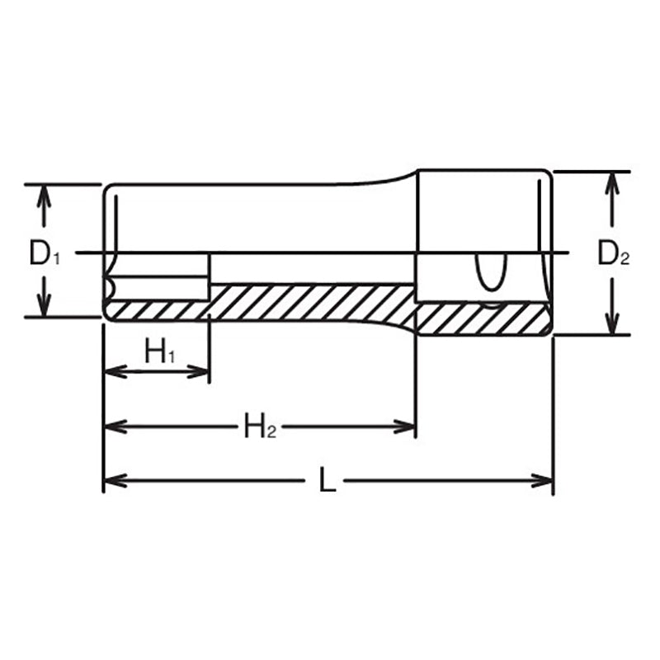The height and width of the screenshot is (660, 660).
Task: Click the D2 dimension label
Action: point(613,255)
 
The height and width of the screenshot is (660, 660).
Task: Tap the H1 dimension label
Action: point(160,352)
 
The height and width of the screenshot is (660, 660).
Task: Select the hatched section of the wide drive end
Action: point(483,318)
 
